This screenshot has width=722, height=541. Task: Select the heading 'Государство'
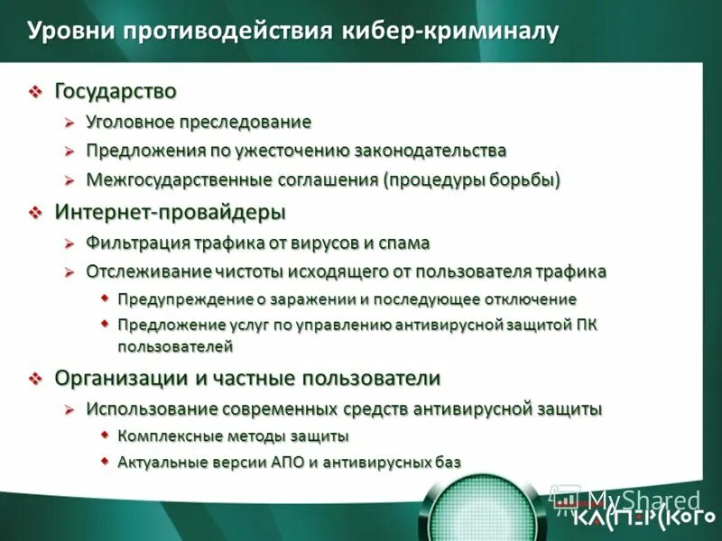pos(116,91)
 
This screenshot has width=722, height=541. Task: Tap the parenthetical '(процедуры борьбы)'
pos(472,179)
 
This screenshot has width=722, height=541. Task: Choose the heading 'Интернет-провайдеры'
pos(170,212)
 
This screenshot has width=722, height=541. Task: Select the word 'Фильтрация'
pos(138,243)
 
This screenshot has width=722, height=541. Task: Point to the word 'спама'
pos(407,243)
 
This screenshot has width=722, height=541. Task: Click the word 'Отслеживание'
pos(148,271)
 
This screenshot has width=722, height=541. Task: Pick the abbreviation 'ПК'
pos(586,324)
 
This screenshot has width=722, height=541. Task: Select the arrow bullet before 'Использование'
pos(69,409)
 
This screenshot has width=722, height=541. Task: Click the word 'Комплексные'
pos(167,436)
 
